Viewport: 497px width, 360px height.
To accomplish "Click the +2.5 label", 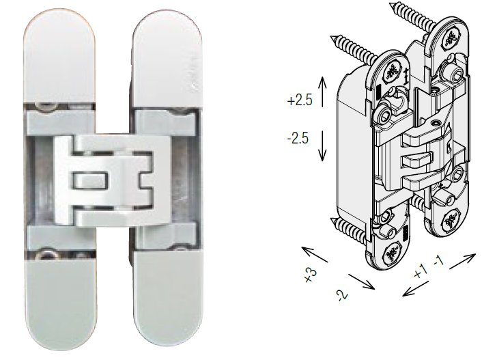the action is point(300,100).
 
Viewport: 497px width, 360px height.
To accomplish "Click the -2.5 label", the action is point(298,139).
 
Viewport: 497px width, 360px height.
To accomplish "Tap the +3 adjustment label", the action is point(311,275).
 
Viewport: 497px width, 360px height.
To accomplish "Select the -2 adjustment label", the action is point(342,296).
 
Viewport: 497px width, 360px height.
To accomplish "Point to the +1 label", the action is point(421,271).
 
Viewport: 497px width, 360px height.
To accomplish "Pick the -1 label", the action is point(439,260).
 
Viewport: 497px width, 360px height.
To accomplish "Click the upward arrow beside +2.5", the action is point(322,92).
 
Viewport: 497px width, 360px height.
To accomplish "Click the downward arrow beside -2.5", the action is point(322,146).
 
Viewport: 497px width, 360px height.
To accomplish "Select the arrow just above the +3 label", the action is point(315,254).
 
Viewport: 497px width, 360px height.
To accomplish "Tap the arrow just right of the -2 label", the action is point(361,281).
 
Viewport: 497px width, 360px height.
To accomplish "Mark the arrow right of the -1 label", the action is point(462,261).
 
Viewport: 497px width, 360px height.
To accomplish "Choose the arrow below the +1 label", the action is point(415,289).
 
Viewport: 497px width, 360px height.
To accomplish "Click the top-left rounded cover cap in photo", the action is point(59,57).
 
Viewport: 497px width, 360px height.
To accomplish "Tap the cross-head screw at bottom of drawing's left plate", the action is point(393,255).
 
